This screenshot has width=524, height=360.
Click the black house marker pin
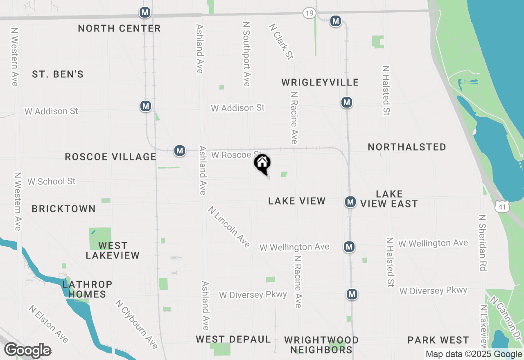click(x=262, y=164)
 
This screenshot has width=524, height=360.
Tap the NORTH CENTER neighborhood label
click(x=119, y=28)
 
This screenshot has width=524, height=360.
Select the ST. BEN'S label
click(x=58, y=74)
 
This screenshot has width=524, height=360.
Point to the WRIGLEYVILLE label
click(x=320, y=82)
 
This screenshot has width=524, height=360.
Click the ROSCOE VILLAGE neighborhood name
click(x=111, y=157)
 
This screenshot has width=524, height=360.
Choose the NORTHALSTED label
click(x=407, y=147)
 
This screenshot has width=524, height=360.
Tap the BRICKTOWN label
click(x=63, y=209)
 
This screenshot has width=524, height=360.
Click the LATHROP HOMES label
click(x=87, y=289)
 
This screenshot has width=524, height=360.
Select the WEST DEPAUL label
click(x=233, y=339)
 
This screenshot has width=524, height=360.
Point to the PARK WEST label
click(x=438, y=340)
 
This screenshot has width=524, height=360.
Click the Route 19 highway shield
click(x=309, y=13)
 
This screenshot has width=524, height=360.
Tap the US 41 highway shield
click(x=502, y=207)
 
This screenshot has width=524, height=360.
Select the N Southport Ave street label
click(x=246, y=54)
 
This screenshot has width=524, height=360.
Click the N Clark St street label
click(x=281, y=41)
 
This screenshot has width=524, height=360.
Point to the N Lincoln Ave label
click(x=229, y=227)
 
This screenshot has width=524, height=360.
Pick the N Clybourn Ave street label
click(x=136, y=324)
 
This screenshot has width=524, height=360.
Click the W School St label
click(x=52, y=181)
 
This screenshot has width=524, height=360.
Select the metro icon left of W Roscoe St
click(x=179, y=151)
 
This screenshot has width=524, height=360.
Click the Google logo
click(x=27, y=351)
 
